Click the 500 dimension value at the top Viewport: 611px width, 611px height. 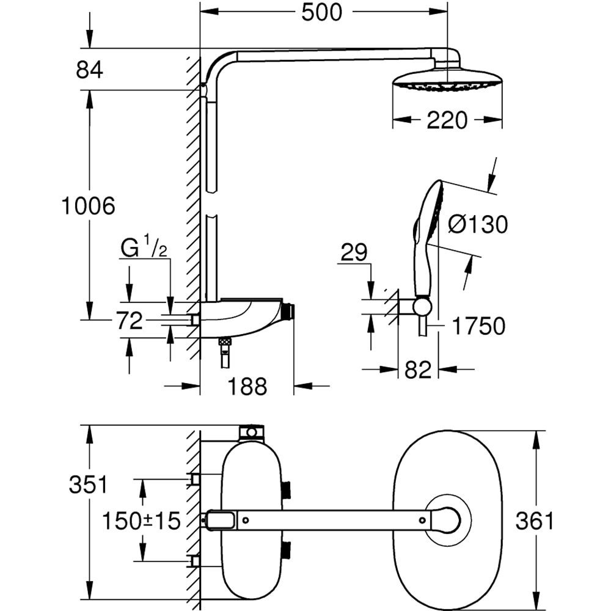point(322,12)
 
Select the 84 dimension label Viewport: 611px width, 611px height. point(89,70)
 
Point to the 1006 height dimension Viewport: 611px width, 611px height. point(89,206)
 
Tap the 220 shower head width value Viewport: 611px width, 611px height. point(447,120)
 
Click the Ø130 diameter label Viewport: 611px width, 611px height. point(477,224)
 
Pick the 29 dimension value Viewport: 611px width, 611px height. point(354,252)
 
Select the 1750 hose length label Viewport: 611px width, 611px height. point(478,326)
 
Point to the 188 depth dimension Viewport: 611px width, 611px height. point(247,386)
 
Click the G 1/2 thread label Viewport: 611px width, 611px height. point(144,249)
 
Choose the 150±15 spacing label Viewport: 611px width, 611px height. point(141,521)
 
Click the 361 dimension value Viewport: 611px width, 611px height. point(534,521)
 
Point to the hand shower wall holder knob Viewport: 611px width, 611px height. point(421,307)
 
